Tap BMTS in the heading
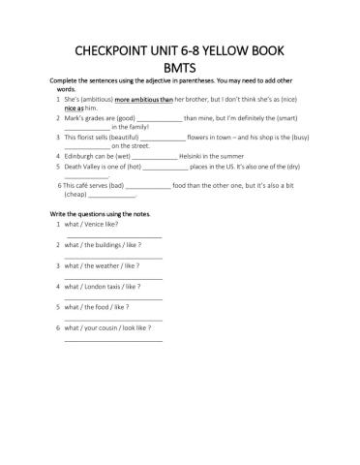point(180,67)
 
